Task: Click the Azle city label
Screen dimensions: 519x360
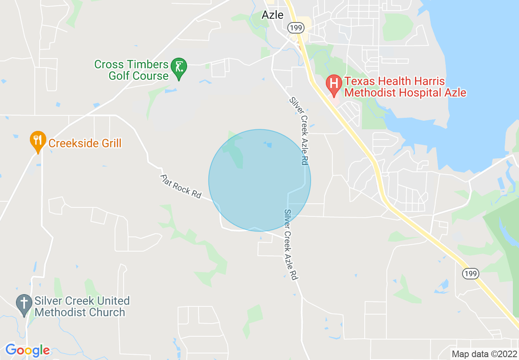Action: pos(272,15)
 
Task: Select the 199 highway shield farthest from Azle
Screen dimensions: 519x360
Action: pos(471,273)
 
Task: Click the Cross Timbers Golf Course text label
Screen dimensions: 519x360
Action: pos(131,70)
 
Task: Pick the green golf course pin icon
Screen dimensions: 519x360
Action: pos(179,66)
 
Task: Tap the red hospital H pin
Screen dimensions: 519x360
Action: pos(334,84)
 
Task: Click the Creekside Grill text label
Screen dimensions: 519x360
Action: pos(85,143)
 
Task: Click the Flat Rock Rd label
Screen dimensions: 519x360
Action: pos(181,187)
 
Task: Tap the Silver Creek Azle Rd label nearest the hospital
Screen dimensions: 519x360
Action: pos(299,131)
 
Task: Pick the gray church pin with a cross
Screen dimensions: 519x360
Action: pos(24,304)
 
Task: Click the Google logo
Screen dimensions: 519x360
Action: pos(27,351)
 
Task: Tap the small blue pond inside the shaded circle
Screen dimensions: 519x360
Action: pos(269,145)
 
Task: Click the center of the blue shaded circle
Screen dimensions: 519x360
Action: pos(259,180)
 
